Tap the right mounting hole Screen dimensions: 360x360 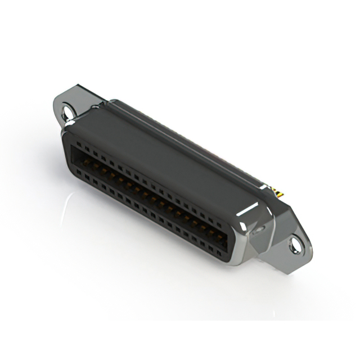(x=295, y=244)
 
